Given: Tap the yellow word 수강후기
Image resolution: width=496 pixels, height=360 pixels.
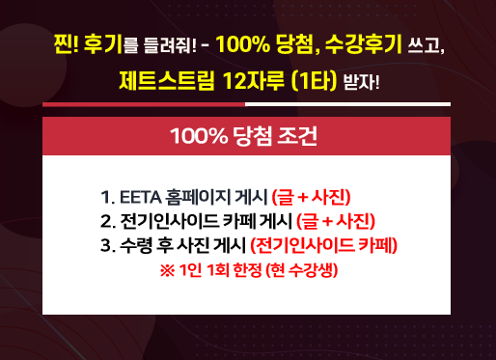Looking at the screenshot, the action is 364,43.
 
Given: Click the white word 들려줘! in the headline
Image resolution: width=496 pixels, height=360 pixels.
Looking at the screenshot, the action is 170,45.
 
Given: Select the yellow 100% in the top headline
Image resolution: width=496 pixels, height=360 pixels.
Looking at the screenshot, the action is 243,43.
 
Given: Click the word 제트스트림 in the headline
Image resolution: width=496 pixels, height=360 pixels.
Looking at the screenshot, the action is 167,80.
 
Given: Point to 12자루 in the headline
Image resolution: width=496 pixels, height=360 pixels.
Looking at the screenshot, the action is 254,80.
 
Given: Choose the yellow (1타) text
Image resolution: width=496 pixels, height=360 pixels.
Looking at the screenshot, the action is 314,81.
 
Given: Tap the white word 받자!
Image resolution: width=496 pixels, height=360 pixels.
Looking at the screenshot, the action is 362,82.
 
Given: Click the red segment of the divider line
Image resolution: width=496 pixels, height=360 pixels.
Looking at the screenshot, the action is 144,104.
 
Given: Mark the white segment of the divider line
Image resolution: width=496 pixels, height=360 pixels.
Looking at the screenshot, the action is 347,104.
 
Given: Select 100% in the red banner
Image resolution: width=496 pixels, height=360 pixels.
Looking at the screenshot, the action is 199,136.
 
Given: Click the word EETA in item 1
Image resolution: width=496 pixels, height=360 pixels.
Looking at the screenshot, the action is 141,197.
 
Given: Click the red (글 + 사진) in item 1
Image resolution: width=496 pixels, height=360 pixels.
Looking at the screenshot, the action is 311,197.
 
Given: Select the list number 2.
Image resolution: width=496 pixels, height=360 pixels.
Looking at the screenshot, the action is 106,221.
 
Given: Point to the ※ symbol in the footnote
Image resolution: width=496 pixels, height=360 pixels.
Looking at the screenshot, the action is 168,270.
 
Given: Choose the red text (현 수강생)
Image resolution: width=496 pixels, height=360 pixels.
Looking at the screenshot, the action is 302,270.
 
